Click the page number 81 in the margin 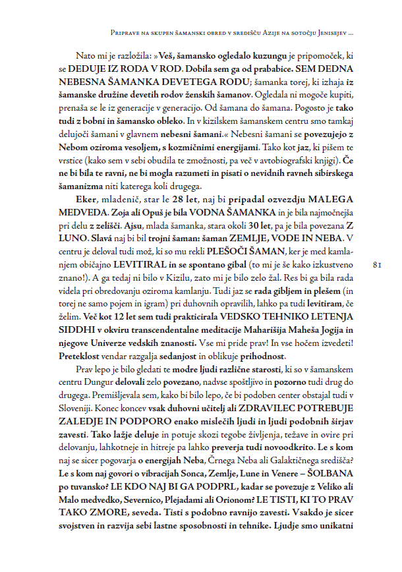point(378,265)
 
